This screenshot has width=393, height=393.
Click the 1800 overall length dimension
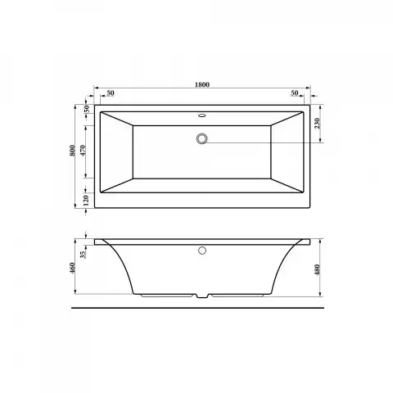tap(202, 84)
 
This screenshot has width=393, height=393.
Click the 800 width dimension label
tap(72, 151)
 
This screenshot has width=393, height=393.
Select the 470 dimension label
tap(84, 151)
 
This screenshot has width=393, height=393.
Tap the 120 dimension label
tap(86, 200)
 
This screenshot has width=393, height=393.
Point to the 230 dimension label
tap(317, 124)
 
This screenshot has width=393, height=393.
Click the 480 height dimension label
tap(317, 269)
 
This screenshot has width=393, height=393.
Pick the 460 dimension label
tap(72, 269)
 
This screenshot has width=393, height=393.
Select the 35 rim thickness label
tap(84, 255)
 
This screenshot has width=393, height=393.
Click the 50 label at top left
tap(111, 93)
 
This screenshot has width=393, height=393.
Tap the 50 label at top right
tap(295, 93)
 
